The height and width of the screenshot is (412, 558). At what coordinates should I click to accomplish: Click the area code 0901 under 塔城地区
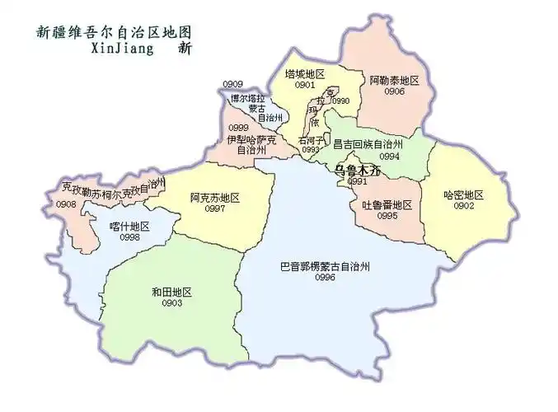(x=306, y=84)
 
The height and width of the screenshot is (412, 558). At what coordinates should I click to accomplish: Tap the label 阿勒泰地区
(x=395, y=80)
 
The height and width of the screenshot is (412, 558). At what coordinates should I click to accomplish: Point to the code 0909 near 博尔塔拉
(x=233, y=85)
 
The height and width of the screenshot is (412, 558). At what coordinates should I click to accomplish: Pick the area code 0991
(x=357, y=181)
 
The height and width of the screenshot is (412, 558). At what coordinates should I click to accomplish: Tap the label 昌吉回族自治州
(x=366, y=143)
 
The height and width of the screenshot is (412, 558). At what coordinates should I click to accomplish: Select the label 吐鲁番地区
(x=387, y=204)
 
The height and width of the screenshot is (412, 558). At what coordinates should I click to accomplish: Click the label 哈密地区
(x=463, y=195)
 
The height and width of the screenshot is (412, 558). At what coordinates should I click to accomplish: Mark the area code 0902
(x=463, y=206)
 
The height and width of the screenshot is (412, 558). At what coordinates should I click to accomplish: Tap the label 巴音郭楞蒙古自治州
(x=324, y=267)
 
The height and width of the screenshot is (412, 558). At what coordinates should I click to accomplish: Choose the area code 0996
(x=325, y=279)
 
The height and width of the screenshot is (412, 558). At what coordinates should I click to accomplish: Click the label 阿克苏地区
(x=214, y=198)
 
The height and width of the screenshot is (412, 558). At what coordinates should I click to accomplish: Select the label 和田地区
(x=171, y=292)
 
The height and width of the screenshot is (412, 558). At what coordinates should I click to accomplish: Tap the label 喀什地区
(x=129, y=226)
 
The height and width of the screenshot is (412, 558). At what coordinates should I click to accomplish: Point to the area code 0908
(x=66, y=204)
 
